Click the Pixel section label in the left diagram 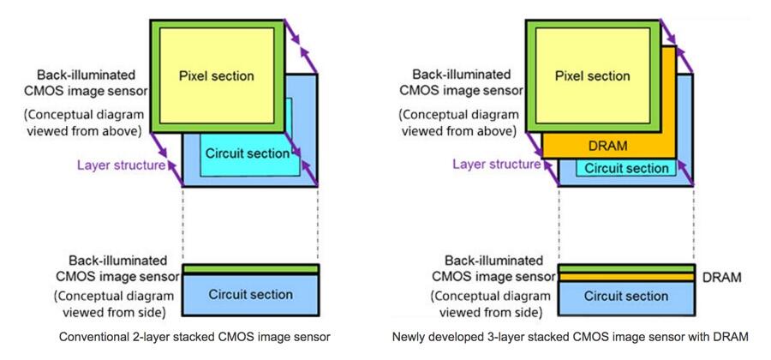[216, 76]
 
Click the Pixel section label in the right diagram [591, 76]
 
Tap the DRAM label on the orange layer [608, 146]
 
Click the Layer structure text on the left [121, 165]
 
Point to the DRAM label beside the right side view [720, 278]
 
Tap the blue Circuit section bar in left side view [250, 295]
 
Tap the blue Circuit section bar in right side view [625, 297]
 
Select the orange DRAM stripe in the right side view [625, 278]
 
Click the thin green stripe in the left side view [250, 269]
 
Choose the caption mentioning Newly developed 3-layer [570, 338]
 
